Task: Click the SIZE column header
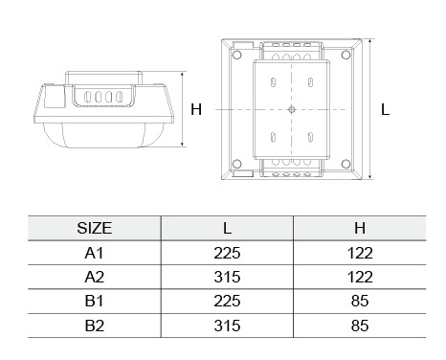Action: coord(95,228)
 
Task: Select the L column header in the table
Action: coord(227,228)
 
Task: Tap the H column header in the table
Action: coord(360,228)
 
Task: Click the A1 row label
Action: coord(95,253)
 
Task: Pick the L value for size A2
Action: coord(227,277)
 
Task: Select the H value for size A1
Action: coord(360,253)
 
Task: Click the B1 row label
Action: coord(95,301)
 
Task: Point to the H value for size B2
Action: coord(360,326)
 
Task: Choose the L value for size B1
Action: coord(227,301)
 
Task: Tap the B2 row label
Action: coord(95,326)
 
